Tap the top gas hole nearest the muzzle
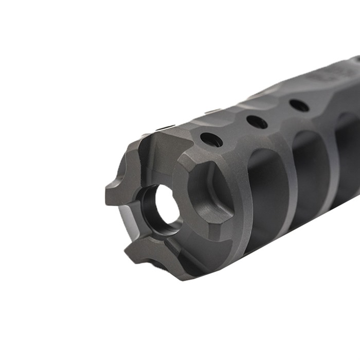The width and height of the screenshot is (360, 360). (x=211, y=139)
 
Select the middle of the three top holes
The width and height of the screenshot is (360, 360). (x=257, y=122)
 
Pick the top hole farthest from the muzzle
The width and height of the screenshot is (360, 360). (x=299, y=105)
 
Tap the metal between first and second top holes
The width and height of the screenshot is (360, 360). (x=234, y=131)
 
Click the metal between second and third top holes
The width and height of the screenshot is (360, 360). (x=278, y=114)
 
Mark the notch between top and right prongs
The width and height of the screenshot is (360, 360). (x=180, y=154)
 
